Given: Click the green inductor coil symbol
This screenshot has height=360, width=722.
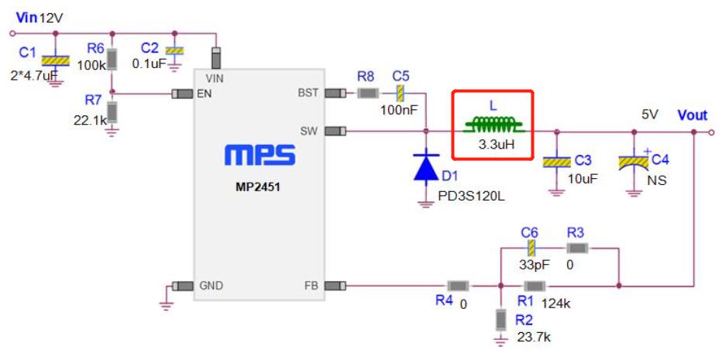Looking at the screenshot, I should point(492,124).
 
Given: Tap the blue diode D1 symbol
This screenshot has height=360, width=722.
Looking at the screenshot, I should point(425,167).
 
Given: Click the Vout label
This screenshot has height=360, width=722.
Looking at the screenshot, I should point(692,115).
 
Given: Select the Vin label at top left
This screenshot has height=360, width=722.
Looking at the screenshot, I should point(26,17).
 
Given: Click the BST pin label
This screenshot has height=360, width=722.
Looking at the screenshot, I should point(308,94).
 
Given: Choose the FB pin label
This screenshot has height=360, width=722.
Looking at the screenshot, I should point(311,286).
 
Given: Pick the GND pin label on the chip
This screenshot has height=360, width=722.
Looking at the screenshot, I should point(211,286).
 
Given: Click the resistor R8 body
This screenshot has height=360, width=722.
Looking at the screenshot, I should point(366,94).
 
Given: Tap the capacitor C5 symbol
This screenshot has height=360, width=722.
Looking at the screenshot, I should point(401,94).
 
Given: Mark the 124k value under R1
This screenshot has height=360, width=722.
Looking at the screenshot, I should point(557,303).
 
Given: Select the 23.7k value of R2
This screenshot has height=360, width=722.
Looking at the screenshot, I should point(534,338).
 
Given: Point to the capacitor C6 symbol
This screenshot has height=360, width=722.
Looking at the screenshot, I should point(531,249).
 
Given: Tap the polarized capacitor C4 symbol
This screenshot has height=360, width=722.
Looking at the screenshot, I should point(634,163).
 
